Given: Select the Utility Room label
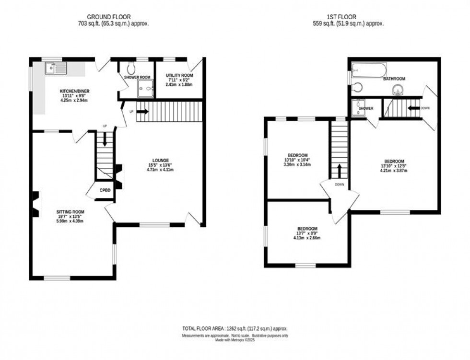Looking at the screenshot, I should (x=180, y=76).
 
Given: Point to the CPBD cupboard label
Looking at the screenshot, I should (x=105, y=190).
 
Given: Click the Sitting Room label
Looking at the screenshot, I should (x=70, y=211).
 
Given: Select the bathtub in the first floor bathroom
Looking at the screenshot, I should (x=368, y=70).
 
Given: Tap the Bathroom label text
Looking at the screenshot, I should (x=394, y=79).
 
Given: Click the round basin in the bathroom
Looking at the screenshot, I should (x=398, y=90).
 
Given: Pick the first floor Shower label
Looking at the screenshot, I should (x=366, y=108).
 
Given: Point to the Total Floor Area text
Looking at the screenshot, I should (x=235, y=328).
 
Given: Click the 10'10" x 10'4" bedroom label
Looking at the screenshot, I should (x=297, y=155).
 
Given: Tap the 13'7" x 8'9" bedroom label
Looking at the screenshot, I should (x=307, y=228).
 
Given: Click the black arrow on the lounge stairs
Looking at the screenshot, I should (x=142, y=112).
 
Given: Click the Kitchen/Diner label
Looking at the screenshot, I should (x=74, y=91).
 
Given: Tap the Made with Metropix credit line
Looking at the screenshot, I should (x=235, y=340).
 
